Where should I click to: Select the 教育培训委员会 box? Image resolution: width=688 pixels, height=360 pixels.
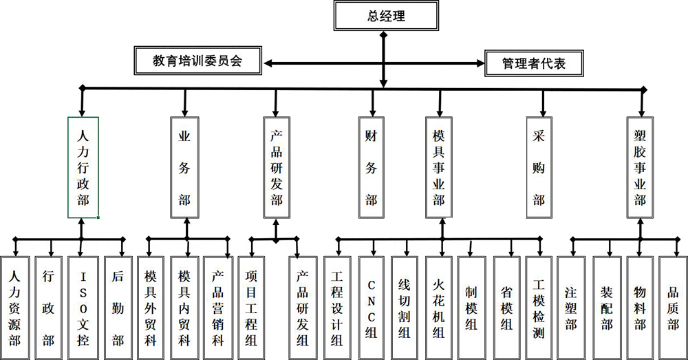click(197, 61)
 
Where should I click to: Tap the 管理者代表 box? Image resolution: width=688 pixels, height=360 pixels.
click(534, 63)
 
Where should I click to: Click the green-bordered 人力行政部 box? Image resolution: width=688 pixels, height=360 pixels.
click(83, 167)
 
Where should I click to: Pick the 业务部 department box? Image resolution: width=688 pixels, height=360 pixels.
click(184, 167)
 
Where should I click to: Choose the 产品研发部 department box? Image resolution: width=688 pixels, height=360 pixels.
click(277, 167)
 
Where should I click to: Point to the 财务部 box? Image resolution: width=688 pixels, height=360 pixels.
click(371, 167)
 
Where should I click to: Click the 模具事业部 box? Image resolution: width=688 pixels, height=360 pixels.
click(439, 167)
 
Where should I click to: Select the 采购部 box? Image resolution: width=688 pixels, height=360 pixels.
click(539, 167)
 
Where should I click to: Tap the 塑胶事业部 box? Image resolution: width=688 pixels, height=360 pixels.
click(641, 167)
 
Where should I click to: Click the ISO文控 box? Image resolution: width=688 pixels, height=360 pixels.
click(83, 307)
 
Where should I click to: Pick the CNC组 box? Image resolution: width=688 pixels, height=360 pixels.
click(372, 307)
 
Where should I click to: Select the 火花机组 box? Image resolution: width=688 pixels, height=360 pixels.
click(438, 307)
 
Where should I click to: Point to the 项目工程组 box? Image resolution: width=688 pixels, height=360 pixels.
click(252, 307)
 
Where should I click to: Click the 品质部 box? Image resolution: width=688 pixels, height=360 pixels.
click(672, 307)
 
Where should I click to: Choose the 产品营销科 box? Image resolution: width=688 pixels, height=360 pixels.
click(218, 307)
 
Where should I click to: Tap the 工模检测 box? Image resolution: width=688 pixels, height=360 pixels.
click(539, 307)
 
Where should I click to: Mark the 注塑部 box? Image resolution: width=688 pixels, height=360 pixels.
click(571, 307)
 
